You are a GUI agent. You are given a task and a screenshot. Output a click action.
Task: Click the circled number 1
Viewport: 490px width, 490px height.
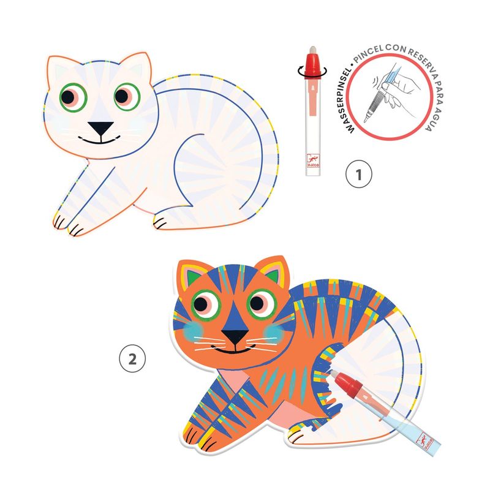(359, 174)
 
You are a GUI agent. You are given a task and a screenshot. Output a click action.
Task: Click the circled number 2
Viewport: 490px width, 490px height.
(132, 358)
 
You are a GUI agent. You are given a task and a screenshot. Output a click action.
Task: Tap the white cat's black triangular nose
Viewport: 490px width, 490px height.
(100, 128)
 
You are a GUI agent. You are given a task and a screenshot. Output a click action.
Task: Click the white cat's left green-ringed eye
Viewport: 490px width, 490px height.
(73, 97)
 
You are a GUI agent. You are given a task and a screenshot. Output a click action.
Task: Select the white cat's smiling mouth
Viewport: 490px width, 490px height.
(99, 140)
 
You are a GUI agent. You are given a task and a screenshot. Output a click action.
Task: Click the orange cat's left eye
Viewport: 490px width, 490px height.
(206, 304)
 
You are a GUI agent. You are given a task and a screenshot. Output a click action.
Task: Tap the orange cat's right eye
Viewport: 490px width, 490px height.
(262, 303)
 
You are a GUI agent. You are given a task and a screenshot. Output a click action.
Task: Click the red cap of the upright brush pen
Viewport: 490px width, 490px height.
(312, 65)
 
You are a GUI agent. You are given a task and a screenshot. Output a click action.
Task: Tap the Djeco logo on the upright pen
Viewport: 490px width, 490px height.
(313, 160)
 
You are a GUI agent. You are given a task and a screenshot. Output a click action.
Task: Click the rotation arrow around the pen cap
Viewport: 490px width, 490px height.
(312, 72)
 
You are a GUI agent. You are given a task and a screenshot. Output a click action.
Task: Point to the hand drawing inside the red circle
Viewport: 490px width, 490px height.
(391, 94)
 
